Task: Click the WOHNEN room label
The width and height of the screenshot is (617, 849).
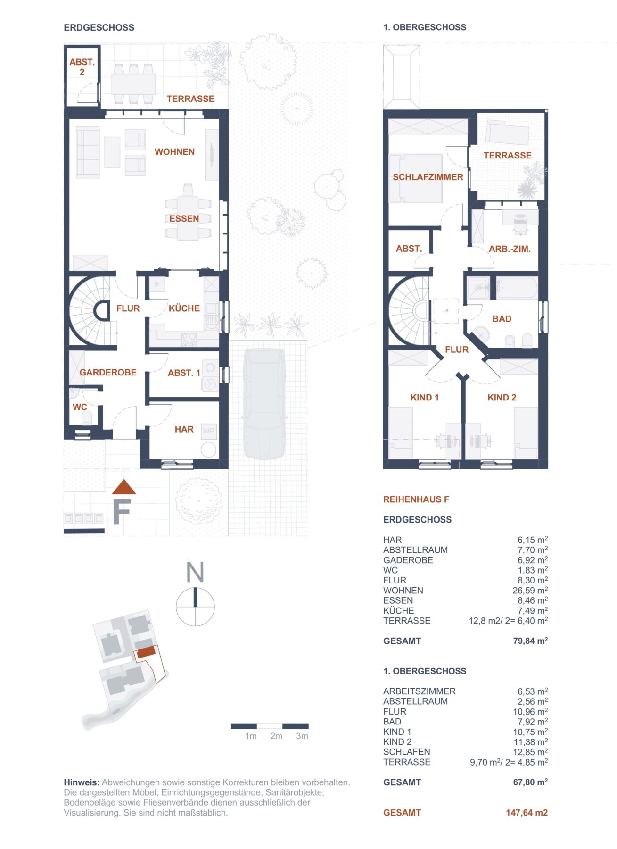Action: pyautogui.click(x=174, y=152)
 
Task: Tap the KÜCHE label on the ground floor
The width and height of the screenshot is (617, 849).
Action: pyautogui.click(x=184, y=308)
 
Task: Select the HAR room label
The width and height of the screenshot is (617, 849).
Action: pyautogui.click(x=184, y=429)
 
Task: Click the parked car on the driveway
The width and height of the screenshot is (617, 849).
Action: pyautogui.click(x=264, y=403)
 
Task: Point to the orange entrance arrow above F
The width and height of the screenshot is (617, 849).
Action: pyautogui.click(x=124, y=488)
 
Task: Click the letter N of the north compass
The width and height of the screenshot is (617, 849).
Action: pyautogui.click(x=195, y=572)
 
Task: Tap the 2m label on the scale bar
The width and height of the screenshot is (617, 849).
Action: pyautogui.click(x=276, y=736)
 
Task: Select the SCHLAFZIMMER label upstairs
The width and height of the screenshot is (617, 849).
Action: pyautogui.click(x=428, y=177)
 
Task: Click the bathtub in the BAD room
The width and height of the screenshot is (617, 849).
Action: pyautogui.click(x=516, y=288)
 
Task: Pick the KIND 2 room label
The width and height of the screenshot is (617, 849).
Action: pyautogui.click(x=502, y=398)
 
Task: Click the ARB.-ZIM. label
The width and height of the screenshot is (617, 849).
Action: pyautogui.click(x=510, y=249)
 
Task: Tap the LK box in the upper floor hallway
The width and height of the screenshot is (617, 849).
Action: pyautogui.click(x=446, y=310)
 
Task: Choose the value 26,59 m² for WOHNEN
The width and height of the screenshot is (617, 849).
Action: pyautogui.click(x=530, y=591)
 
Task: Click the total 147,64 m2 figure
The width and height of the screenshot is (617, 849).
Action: pyautogui.click(x=527, y=813)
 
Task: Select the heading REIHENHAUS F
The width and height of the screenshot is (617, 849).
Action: pyautogui.click(x=416, y=499)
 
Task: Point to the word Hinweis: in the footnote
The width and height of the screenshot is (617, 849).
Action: pyautogui.click(x=82, y=782)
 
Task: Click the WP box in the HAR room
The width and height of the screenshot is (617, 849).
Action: pyautogui.click(x=208, y=431)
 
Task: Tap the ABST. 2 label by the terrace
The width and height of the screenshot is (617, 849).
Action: pyautogui.click(x=82, y=67)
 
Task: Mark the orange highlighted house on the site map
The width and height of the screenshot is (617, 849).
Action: pyautogui.click(x=146, y=652)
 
